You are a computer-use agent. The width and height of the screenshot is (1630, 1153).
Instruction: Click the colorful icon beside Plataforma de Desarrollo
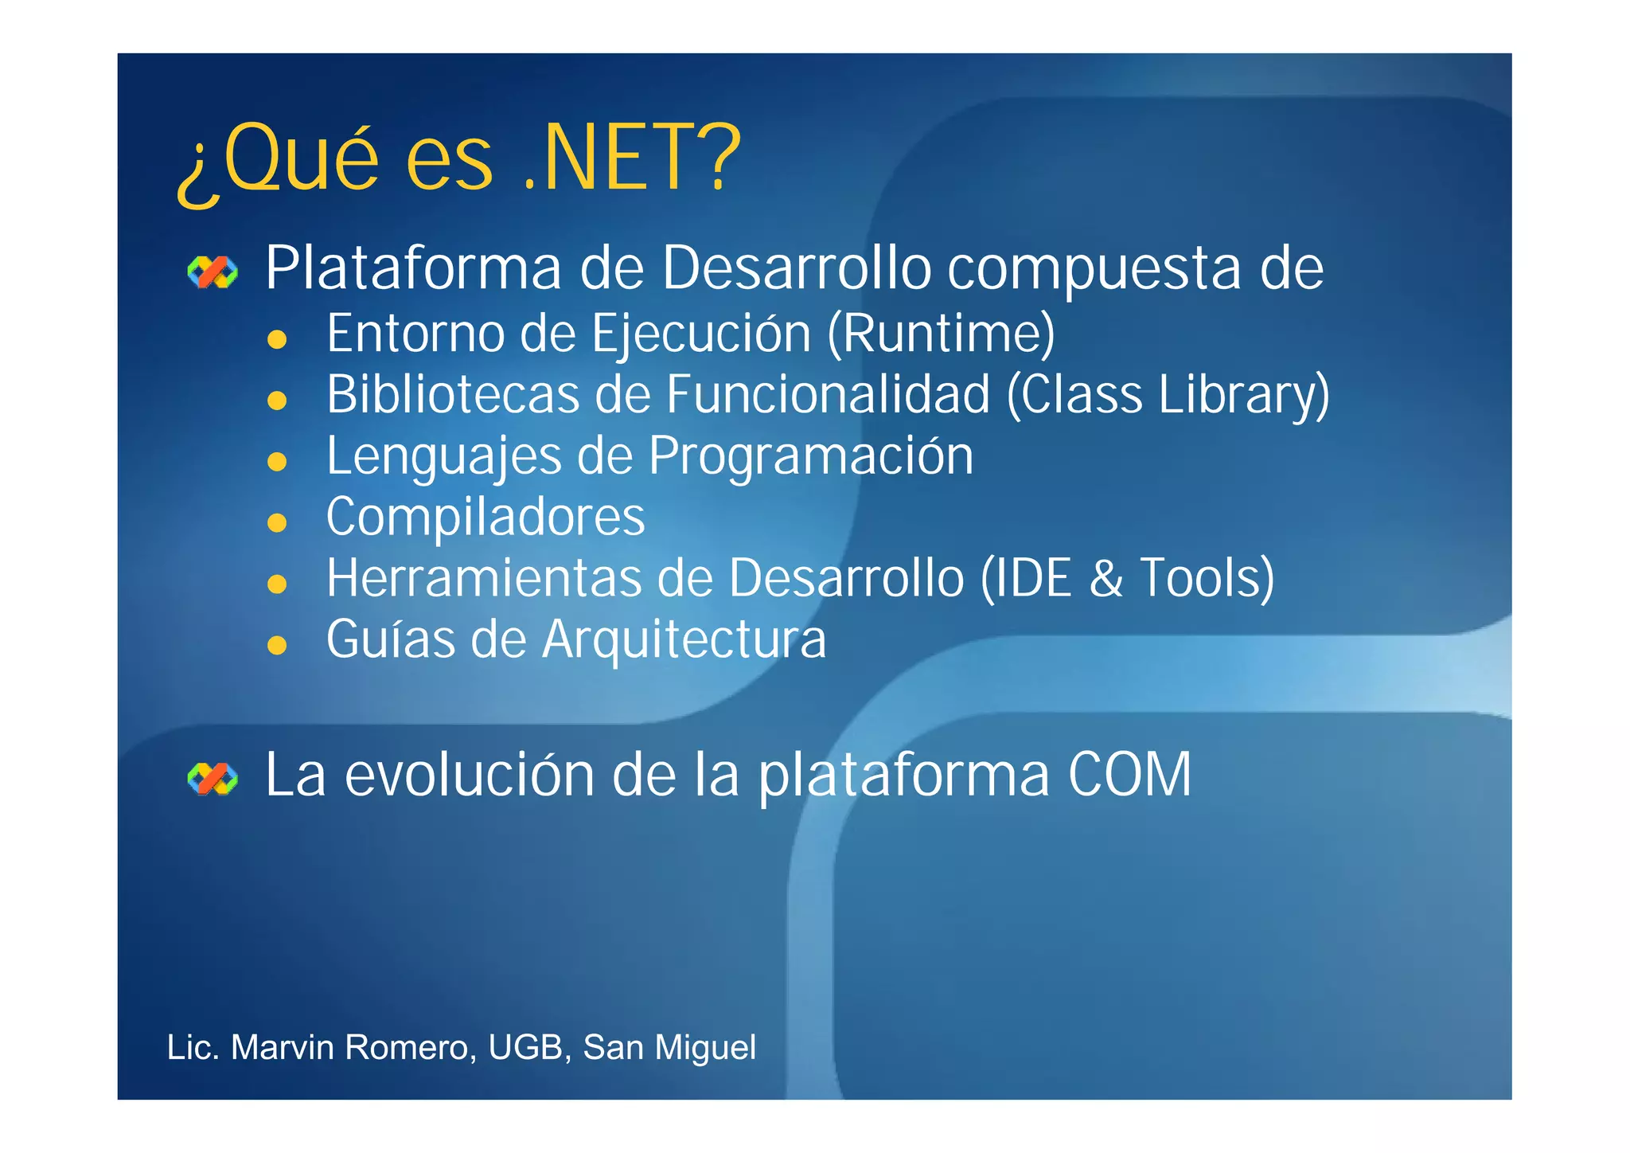[x=213, y=272]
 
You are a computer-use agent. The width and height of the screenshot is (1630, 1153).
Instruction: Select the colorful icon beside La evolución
[x=213, y=779]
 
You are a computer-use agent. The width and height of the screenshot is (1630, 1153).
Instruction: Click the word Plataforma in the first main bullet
[x=413, y=268]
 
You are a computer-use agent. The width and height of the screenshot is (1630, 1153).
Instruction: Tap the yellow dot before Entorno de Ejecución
[x=277, y=340]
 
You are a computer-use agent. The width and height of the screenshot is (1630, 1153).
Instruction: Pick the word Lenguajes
[x=444, y=457]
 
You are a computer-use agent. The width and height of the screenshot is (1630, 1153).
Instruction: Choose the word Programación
[x=810, y=457]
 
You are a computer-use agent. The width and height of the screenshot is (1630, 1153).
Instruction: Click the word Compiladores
[x=485, y=518]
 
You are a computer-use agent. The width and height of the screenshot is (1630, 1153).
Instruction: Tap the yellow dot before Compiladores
[x=277, y=523]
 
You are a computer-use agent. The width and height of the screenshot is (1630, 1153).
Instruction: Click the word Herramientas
[x=482, y=578]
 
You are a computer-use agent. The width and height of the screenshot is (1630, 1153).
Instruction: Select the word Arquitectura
[x=684, y=639]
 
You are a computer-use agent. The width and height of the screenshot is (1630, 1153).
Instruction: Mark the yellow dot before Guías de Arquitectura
[x=277, y=645]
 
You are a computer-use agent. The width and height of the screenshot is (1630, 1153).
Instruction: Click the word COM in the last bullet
[x=1129, y=775]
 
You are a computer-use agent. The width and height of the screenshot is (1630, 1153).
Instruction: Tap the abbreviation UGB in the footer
[x=525, y=1048]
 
